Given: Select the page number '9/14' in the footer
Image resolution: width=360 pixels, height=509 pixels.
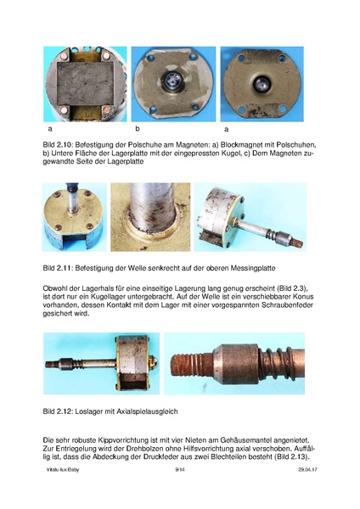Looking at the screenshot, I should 179,493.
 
